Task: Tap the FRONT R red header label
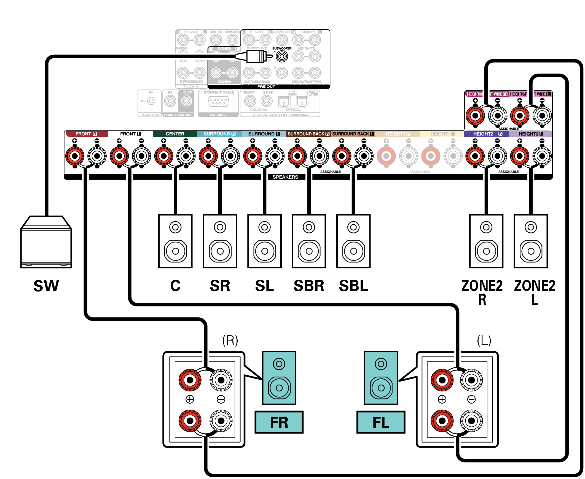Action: coord(86,134)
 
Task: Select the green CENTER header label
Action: coord(175,134)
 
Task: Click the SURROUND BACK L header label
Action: coord(353,134)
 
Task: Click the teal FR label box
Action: coord(279,422)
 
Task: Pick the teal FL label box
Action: coord(380,422)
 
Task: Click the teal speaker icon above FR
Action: coord(279,378)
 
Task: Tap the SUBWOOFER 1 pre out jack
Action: coord(281,56)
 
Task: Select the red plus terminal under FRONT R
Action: coord(75,156)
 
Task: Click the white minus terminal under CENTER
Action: coord(186,156)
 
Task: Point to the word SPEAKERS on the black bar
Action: coord(285,177)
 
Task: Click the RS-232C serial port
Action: coord(218,102)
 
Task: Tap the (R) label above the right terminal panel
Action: coord(230,341)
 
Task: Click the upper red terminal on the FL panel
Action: coord(442,380)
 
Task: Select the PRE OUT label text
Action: coord(266,87)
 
